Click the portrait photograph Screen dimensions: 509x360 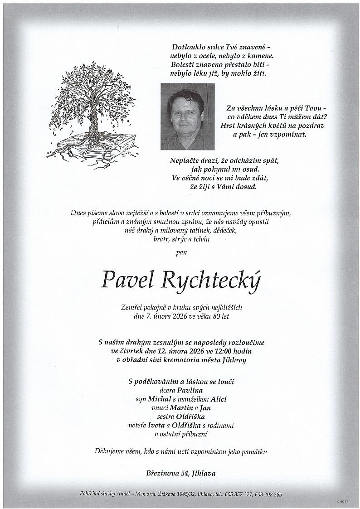[187, 116]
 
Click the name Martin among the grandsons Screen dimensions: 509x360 [180, 408]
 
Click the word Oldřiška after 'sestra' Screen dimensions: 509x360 [193, 417]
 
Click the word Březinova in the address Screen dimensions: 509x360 [162, 473]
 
